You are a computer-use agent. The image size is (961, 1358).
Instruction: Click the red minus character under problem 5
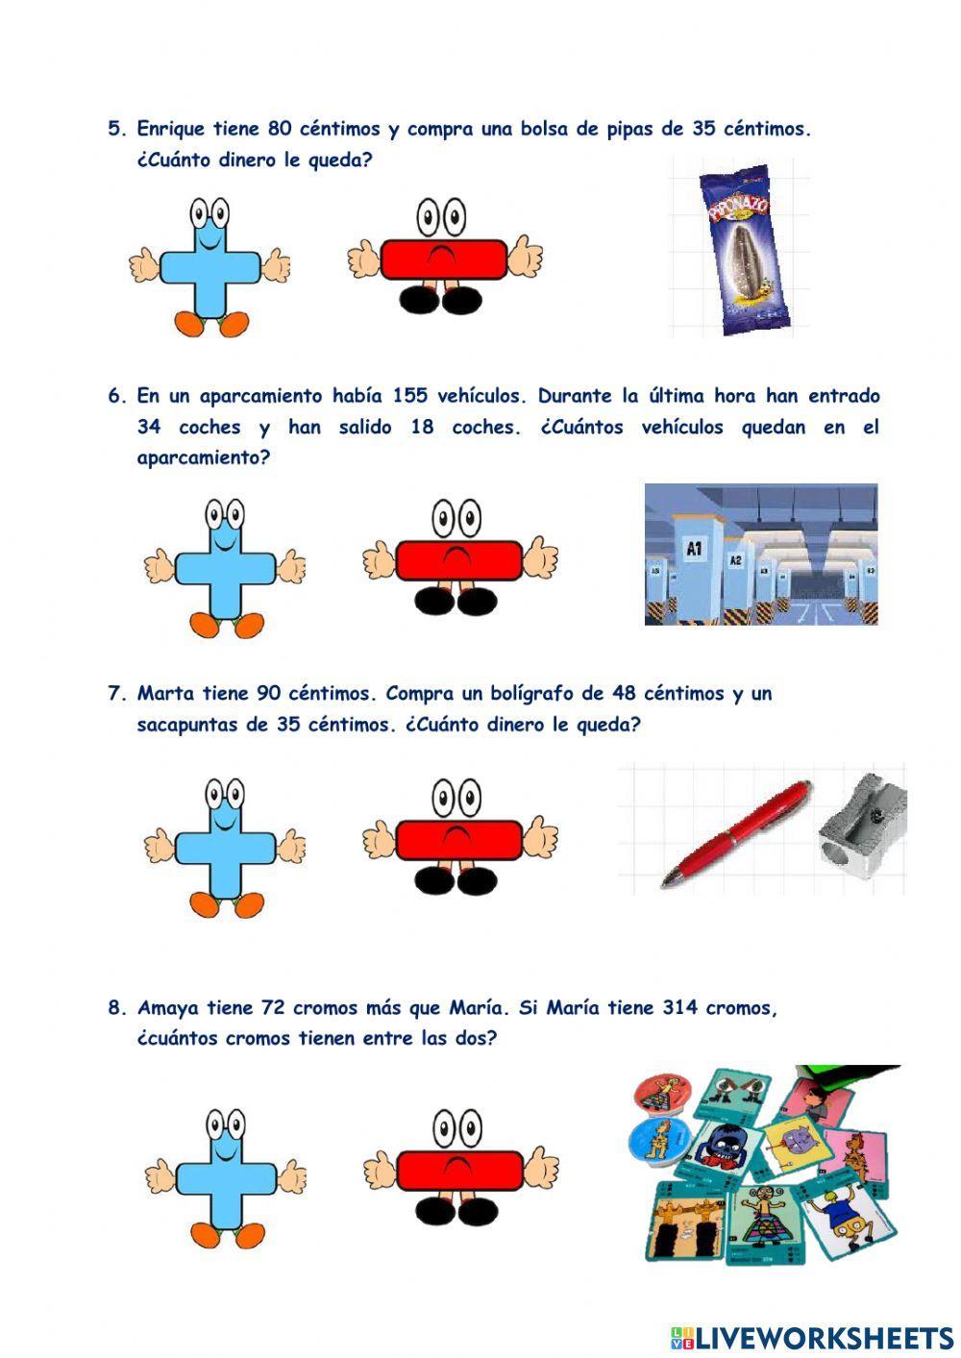444,259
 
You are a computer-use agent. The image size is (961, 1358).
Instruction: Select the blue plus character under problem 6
225,568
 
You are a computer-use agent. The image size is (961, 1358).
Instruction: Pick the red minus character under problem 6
459,559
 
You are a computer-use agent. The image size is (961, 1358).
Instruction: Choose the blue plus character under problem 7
225,847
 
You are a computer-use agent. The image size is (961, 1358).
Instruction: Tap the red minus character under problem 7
459,839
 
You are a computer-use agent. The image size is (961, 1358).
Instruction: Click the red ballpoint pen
736,833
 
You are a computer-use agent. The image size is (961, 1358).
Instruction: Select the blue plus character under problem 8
225,1178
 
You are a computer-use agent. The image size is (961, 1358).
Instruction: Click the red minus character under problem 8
459,1170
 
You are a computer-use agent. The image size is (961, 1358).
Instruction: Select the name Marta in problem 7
166,694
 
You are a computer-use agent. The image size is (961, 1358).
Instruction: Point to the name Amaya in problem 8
167,1008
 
